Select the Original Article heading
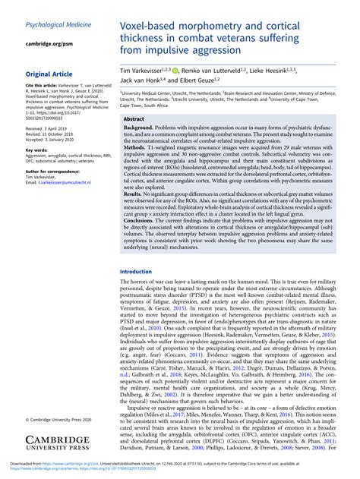click(54, 74)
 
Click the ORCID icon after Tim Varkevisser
click(176, 71)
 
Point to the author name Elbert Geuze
click(199, 80)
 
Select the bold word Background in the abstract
click(138, 130)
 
